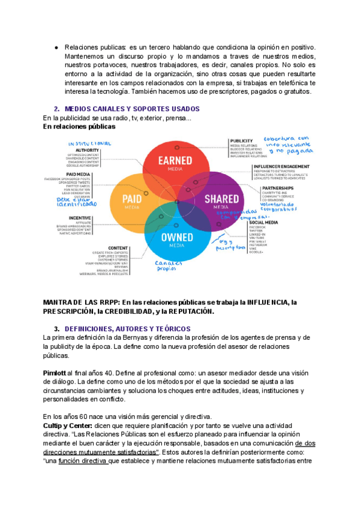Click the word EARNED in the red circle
(175, 161)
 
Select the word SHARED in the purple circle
(221, 199)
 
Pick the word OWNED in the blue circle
(176, 237)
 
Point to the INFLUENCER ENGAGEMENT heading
(281, 166)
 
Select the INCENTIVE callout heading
(80, 218)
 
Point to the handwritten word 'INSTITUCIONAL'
(89, 144)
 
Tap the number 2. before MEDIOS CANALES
(57, 109)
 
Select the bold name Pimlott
(55, 373)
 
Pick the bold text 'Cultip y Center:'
(68, 425)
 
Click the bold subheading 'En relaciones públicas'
(79, 127)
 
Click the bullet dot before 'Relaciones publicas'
(55, 46)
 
